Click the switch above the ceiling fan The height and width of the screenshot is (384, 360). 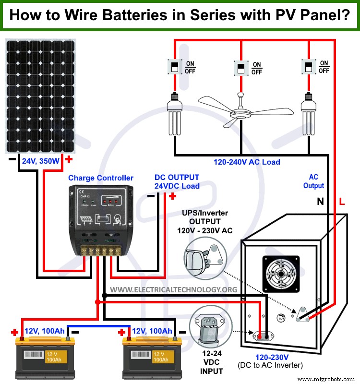pyautogui.click(x=240, y=68)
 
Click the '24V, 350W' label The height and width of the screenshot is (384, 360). pyautogui.click(x=41, y=161)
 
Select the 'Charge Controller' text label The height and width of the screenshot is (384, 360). pyautogui.click(x=101, y=178)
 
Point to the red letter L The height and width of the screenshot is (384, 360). pyautogui.click(x=342, y=203)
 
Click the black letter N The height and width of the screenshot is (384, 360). pyautogui.click(x=320, y=203)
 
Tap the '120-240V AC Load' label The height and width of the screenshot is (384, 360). pyautogui.click(x=247, y=162)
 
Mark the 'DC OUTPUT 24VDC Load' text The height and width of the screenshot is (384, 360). pyautogui.click(x=177, y=181)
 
